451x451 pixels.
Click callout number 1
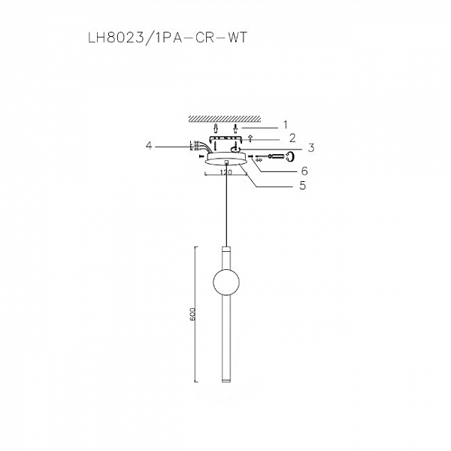pyautogui.click(x=286, y=123)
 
